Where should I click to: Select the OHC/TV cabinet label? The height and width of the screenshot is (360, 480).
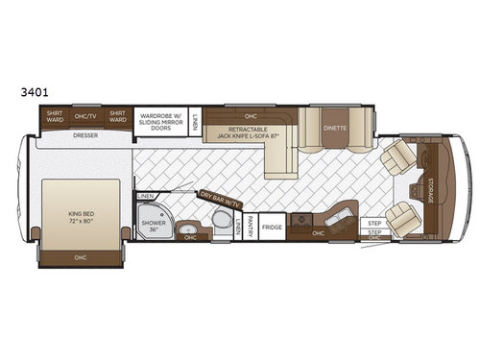tap(84, 118)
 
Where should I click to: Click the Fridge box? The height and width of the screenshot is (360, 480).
tap(273, 228)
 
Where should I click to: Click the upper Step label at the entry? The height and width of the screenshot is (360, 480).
tap(374, 223)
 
